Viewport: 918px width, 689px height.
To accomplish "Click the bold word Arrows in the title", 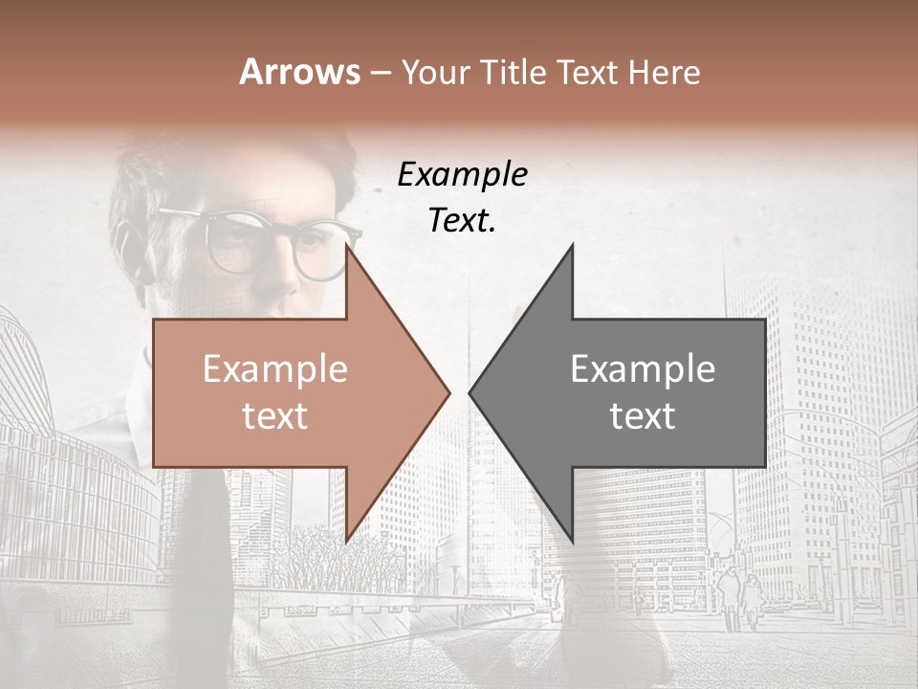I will (299, 72).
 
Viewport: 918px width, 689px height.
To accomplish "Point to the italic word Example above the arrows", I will (462, 174).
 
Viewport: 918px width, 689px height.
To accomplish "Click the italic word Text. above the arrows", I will (462, 220).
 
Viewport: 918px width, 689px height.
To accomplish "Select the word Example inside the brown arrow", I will (274, 368).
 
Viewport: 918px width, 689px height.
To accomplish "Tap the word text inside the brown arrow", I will (274, 415).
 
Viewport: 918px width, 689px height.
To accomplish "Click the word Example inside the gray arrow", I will (643, 368).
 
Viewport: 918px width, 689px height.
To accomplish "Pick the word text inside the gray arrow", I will (643, 415).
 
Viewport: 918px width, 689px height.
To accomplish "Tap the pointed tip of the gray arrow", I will (470, 392).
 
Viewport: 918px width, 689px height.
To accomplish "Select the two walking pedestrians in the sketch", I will (740, 593).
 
